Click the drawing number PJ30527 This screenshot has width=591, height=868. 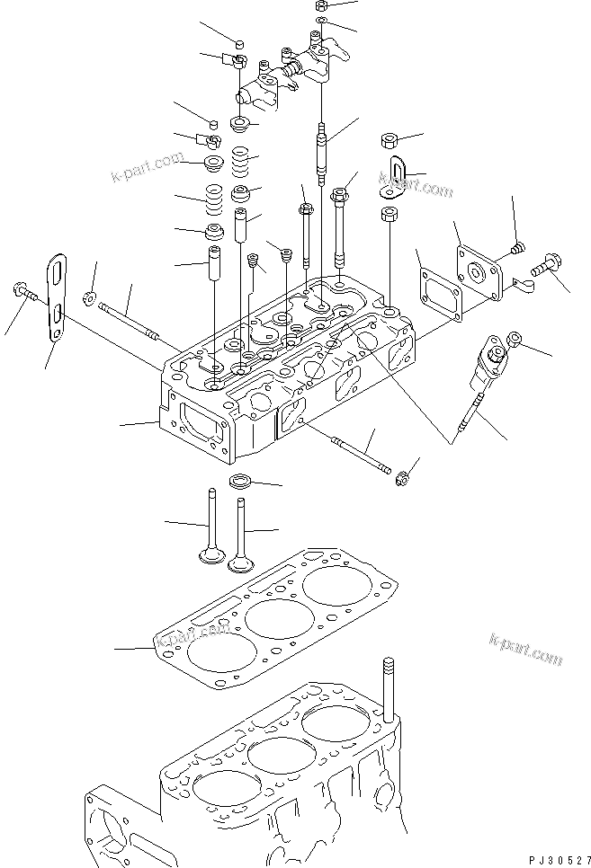(x=560, y=860)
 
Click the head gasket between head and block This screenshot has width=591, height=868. (x=275, y=618)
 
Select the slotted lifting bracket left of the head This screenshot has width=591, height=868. (x=57, y=297)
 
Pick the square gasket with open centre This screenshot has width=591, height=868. (x=441, y=294)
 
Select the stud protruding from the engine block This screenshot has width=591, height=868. (x=389, y=689)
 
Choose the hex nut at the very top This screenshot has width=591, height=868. (x=321, y=6)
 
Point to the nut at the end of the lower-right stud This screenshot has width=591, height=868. (x=402, y=479)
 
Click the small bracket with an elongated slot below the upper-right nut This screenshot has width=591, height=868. (x=394, y=177)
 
